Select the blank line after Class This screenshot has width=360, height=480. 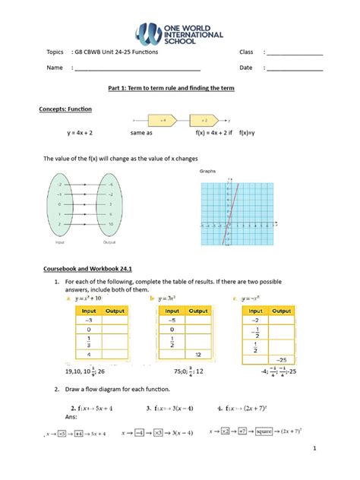(294, 54)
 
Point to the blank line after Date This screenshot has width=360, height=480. (294, 69)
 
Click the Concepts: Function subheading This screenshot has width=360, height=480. (65, 109)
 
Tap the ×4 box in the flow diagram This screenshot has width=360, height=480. (163, 120)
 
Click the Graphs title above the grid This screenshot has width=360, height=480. (208, 172)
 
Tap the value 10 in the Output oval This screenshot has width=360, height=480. (111, 225)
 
